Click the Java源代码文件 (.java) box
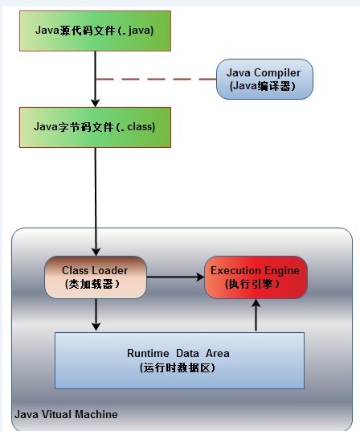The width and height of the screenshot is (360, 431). click(x=96, y=31)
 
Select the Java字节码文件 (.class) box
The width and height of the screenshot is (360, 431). click(x=96, y=127)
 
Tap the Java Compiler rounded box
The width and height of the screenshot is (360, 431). click(x=264, y=79)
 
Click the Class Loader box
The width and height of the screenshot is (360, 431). click(x=96, y=277)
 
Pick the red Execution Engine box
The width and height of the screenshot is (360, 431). click(x=256, y=277)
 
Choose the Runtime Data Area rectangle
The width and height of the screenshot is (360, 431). click(x=179, y=360)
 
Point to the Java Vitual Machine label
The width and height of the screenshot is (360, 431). click(x=66, y=414)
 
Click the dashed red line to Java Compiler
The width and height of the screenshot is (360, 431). click(x=156, y=79)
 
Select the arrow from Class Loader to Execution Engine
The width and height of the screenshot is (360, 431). click(x=175, y=277)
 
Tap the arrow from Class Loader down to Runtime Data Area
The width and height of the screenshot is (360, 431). click(x=96, y=314)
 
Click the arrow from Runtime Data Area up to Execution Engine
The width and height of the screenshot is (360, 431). click(x=256, y=315)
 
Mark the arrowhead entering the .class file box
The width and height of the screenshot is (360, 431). click(x=96, y=103)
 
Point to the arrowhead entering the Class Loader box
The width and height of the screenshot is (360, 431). click(x=96, y=252)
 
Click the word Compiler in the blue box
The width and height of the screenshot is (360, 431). click(x=277, y=73)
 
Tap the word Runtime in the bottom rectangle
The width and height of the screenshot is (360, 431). click(x=148, y=353)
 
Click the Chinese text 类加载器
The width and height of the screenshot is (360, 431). click(x=91, y=284)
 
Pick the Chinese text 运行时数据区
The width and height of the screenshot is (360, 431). click(x=176, y=367)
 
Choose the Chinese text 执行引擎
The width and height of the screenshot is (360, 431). click(x=251, y=284)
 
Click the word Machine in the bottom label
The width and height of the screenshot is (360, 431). click(x=96, y=414)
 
